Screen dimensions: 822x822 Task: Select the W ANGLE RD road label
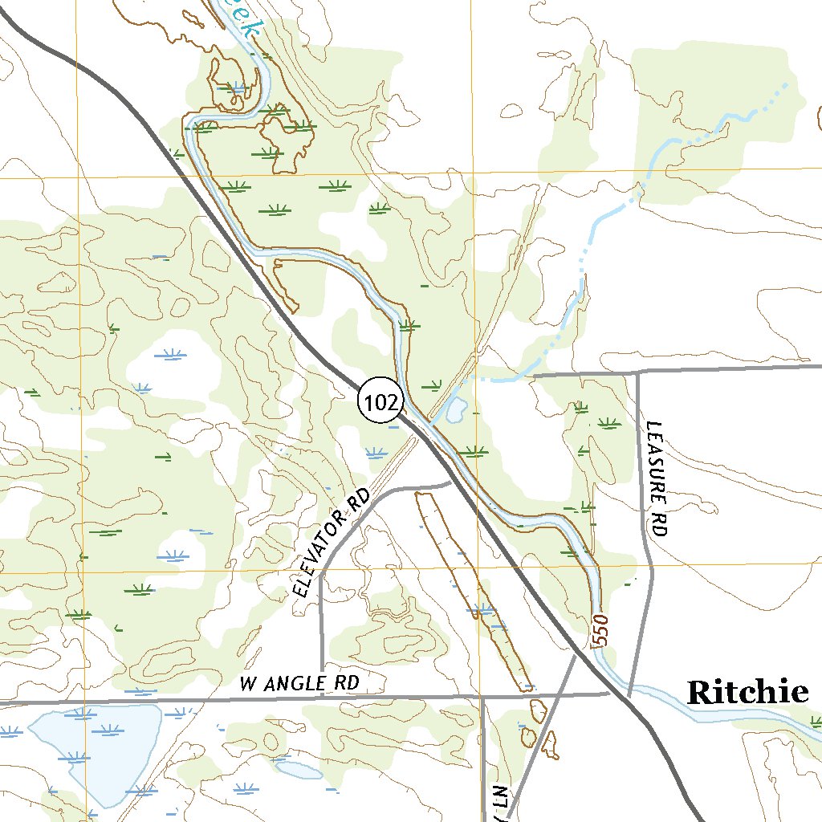[299, 684]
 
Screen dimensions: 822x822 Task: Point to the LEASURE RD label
[658, 478]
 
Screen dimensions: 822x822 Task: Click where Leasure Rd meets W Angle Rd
[629, 694]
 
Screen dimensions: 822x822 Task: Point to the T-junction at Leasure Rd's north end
[638, 372]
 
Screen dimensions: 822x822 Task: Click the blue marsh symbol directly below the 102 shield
[376, 453]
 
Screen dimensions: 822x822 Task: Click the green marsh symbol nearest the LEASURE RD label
[608, 422]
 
